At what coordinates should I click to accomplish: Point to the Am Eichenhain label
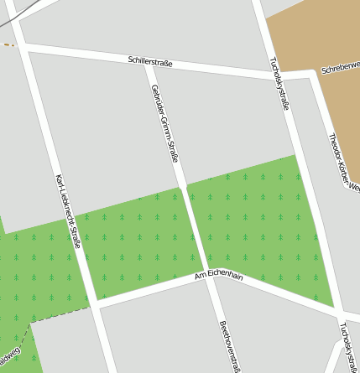(x=218, y=276)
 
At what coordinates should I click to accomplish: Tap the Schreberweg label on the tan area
(x=340, y=73)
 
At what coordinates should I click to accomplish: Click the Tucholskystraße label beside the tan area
(x=279, y=84)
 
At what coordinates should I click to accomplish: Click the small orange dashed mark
(x=9, y=44)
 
